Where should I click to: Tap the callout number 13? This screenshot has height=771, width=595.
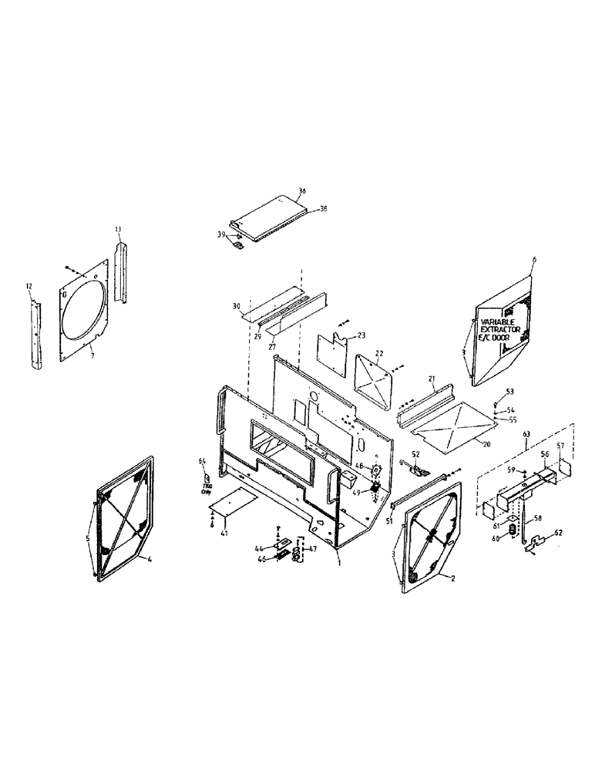[119, 229]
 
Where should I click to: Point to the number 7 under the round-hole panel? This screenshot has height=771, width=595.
[92, 356]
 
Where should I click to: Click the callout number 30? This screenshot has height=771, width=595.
[237, 306]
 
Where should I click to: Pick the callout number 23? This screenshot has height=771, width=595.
[361, 335]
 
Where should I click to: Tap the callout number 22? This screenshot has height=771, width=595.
[378, 352]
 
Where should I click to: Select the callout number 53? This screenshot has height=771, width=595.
[509, 392]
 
